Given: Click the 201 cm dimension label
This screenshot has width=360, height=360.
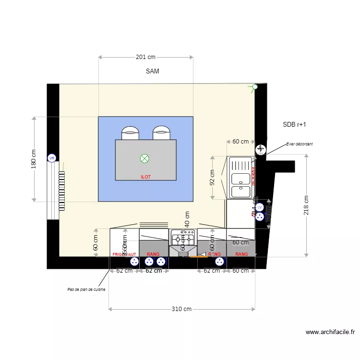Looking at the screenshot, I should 145,57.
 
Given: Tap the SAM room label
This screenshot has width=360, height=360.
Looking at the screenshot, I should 152,71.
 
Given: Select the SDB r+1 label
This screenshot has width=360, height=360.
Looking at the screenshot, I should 294,124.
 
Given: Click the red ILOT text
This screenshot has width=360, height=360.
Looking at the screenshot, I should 145,177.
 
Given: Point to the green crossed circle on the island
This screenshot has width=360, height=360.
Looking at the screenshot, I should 144,158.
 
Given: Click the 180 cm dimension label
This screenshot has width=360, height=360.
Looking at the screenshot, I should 34,159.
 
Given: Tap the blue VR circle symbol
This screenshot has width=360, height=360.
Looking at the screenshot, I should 52,158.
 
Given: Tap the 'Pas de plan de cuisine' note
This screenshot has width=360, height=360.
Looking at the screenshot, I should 86,290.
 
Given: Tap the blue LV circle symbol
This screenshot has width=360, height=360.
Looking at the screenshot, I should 260,207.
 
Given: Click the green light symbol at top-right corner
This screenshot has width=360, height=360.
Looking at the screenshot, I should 254,87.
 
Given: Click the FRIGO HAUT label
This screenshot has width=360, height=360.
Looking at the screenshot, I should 124,254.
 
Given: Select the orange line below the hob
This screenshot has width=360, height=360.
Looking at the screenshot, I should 199,257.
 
